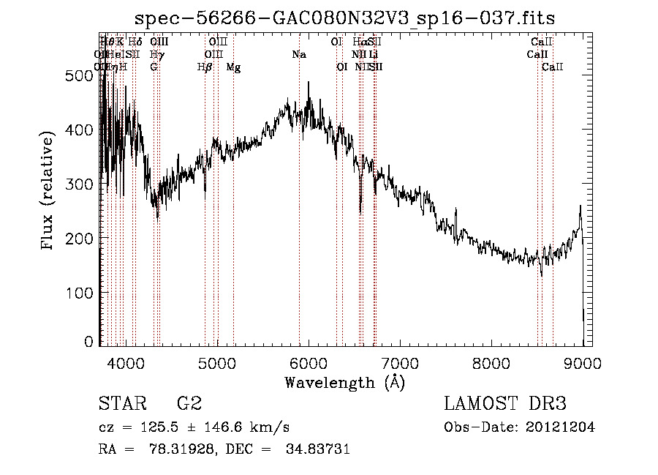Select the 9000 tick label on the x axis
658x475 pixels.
tap(583, 362)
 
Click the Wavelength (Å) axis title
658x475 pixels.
tap(344, 382)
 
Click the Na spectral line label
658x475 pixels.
tap(298, 55)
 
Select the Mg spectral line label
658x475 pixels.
tap(233, 67)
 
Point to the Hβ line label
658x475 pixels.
tap(205, 67)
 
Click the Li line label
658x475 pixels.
tap(373, 55)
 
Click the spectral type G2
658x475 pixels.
tap(189, 404)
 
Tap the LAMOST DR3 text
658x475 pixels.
tap(505, 404)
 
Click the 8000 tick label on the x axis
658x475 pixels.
tap(491, 362)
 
